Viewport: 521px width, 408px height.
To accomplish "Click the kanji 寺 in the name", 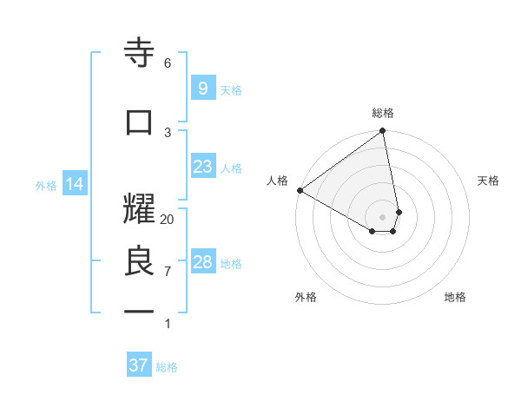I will coord(140,54).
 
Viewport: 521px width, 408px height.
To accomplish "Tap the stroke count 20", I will coord(168,220).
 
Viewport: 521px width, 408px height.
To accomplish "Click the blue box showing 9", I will coord(202,89).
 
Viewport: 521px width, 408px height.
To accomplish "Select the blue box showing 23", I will coord(202,167).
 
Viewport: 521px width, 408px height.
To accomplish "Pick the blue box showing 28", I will coord(202,262).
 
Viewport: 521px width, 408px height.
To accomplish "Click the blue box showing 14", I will coord(74,184).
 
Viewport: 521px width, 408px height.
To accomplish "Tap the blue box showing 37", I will coord(139,365).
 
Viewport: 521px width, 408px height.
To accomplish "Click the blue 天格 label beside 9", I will coord(231,89).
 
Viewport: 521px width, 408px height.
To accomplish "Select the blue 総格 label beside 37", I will coord(167,367).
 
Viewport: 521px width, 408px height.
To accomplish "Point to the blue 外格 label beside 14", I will coord(45,185).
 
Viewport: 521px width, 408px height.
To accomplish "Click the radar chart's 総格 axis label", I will coord(383,113).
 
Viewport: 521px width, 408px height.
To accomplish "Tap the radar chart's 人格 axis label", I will coord(277,181).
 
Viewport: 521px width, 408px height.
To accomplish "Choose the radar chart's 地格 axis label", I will coord(455,297).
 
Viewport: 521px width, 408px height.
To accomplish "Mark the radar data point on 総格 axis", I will coord(383,132).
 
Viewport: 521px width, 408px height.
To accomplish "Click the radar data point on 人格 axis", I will coord(300,190).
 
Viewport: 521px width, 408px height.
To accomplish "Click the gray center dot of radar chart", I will coord(383,216).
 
